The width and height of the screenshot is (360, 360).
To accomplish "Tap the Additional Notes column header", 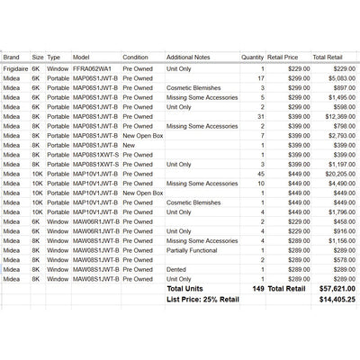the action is pos(194,56).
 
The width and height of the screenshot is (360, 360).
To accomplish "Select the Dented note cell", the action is pos(176,269).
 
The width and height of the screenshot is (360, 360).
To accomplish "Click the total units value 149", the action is pos(258,289).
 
